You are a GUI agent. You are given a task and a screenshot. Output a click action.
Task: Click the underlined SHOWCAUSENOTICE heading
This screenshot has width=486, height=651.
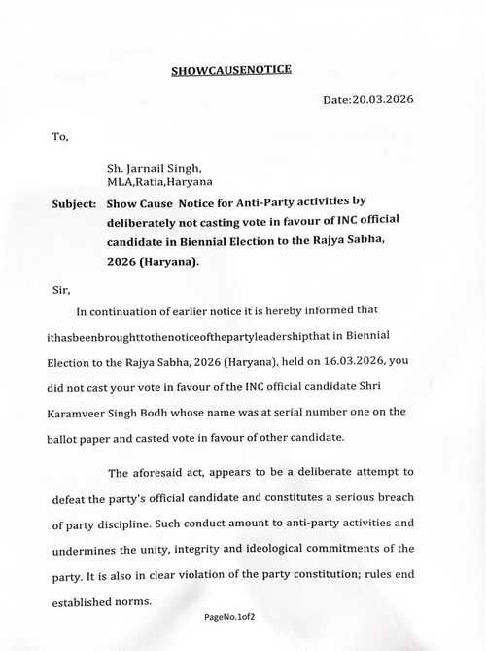click(x=230, y=70)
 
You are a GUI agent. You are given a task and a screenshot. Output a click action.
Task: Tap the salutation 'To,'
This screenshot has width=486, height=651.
click(x=60, y=136)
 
